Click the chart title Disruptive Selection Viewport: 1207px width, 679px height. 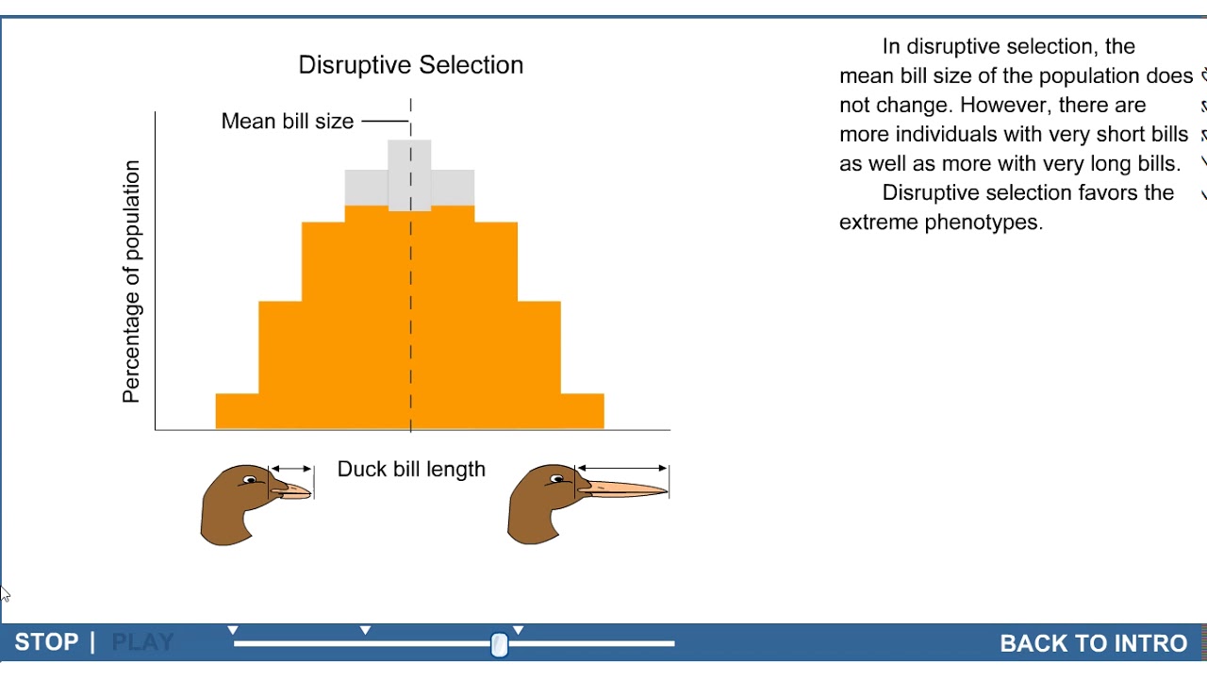click(410, 65)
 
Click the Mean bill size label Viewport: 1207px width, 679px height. click(287, 122)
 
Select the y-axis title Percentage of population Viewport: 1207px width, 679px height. click(132, 281)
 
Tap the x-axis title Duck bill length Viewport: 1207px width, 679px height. click(411, 470)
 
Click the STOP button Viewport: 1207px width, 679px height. click(46, 642)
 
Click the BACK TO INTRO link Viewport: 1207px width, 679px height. click(1093, 643)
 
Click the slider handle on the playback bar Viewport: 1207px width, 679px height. click(499, 644)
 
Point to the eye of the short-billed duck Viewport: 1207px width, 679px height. click(251, 480)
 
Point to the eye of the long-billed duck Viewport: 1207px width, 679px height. click(558, 480)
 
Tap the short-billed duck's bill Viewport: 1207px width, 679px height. click(294, 490)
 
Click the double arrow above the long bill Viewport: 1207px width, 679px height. click(621, 468)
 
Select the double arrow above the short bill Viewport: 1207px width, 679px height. click(290, 468)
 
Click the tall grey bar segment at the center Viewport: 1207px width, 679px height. click(409, 174)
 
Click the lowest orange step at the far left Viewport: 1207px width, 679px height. click(237, 410)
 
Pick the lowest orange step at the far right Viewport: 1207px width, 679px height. click(582, 410)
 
